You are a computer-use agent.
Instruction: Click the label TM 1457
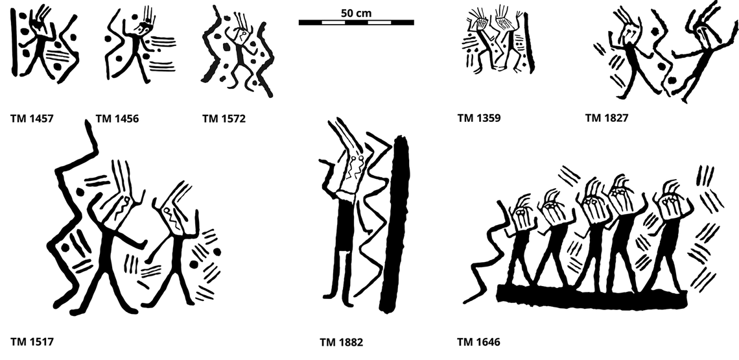click(x=32, y=119)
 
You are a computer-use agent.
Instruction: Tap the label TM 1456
click(x=117, y=119)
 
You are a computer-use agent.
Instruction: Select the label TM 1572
click(x=224, y=119)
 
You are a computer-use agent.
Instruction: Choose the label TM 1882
click(x=341, y=342)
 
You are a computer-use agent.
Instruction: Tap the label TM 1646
click(x=478, y=342)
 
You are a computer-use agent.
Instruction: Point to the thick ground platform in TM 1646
click(x=590, y=295)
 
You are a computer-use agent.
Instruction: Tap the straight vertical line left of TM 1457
click(x=14, y=45)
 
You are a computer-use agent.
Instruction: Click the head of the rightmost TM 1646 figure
click(x=667, y=205)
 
